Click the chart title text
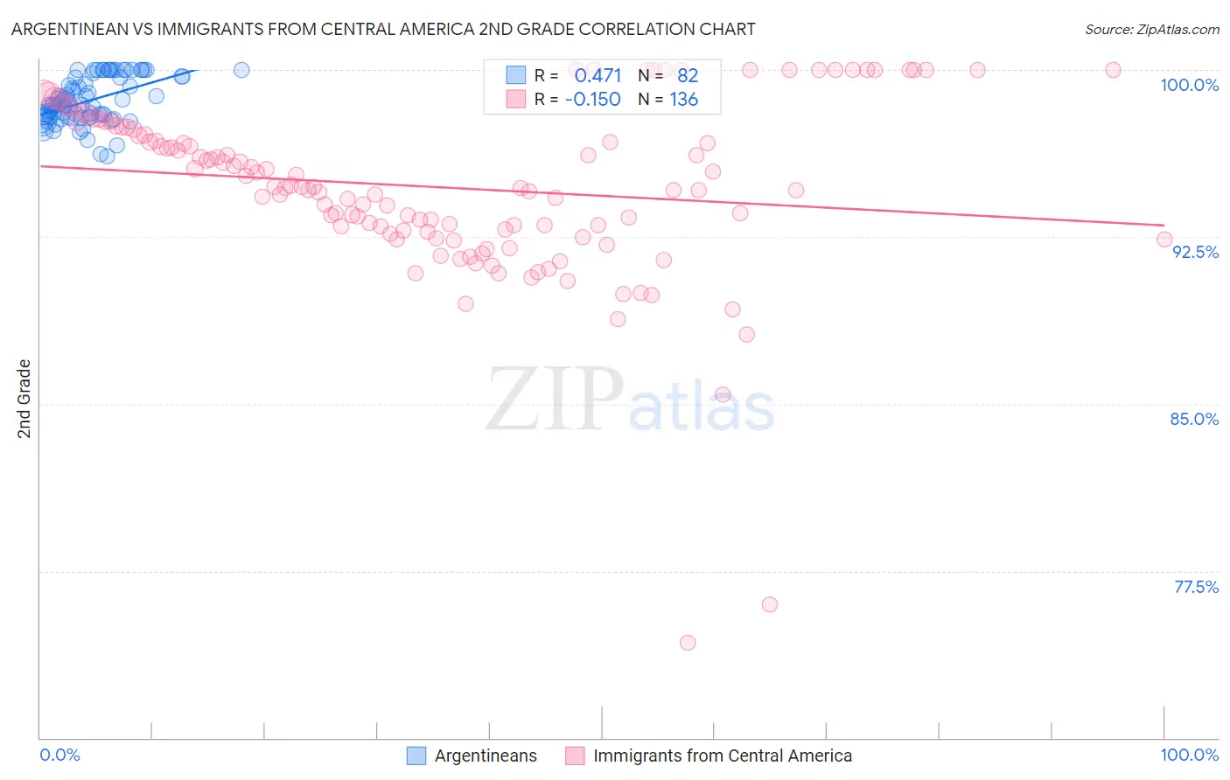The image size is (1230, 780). pyautogui.click(x=383, y=29)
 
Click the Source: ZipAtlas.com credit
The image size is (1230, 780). pyautogui.click(x=1151, y=29)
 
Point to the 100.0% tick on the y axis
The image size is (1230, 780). pyautogui.click(x=1189, y=85)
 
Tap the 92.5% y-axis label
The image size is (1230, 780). pyautogui.click(x=1195, y=252)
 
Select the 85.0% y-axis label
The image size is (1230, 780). pyautogui.click(x=1194, y=419)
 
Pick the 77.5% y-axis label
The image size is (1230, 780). pyautogui.click(x=1196, y=587)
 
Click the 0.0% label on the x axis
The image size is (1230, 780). pyautogui.click(x=59, y=755)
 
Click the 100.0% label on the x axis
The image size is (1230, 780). pyautogui.click(x=1189, y=755)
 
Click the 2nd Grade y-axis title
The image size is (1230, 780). pyautogui.click(x=24, y=399)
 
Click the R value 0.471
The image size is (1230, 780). pyautogui.click(x=598, y=76)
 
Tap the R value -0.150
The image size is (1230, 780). pyautogui.click(x=592, y=100)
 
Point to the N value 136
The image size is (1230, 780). pyautogui.click(x=683, y=100)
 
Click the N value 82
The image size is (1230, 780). pyautogui.click(x=688, y=76)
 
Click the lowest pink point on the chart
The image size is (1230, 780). pyautogui.click(x=688, y=643)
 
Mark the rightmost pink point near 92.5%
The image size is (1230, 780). pyautogui.click(x=1164, y=239)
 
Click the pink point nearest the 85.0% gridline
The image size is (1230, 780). pyautogui.click(x=723, y=394)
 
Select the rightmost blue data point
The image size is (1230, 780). pyautogui.click(x=241, y=70)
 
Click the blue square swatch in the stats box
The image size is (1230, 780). pyautogui.click(x=516, y=76)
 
